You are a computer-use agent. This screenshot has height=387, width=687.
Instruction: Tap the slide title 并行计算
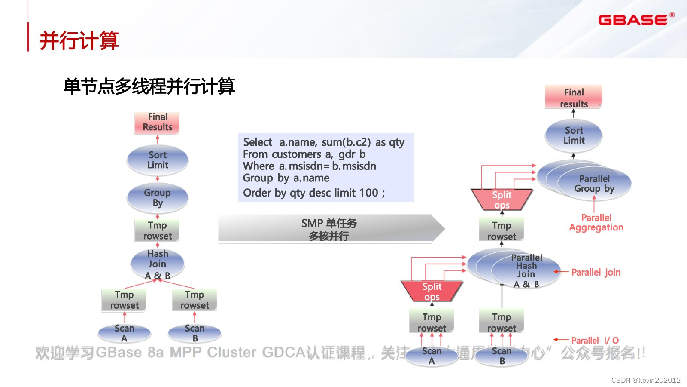click(x=79, y=41)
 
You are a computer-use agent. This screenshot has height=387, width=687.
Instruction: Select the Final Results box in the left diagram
click(x=157, y=123)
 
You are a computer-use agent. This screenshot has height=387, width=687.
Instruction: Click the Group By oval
click(x=158, y=198)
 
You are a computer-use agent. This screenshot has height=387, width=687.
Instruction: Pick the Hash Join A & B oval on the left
click(x=158, y=264)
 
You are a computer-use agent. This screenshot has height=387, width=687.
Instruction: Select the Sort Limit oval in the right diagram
click(x=574, y=135)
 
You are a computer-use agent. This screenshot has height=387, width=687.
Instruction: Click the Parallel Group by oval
click(x=594, y=184)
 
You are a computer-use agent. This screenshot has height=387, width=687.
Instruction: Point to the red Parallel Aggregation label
click(x=596, y=223)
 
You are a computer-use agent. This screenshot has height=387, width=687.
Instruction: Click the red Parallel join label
click(x=596, y=272)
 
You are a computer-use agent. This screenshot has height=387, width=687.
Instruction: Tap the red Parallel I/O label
click(x=595, y=341)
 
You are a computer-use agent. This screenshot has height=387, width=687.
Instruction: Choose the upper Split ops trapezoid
click(x=502, y=200)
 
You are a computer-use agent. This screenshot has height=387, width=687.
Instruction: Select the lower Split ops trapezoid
click(x=432, y=291)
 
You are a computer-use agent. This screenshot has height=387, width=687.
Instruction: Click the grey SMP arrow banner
click(x=329, y=229)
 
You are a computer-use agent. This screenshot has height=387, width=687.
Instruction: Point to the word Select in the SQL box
click(x=258, y=142)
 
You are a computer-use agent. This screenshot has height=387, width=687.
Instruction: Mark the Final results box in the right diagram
click(x=574, y=98)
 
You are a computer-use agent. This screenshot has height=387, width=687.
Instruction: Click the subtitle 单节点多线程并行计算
click(x=149, y=86)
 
